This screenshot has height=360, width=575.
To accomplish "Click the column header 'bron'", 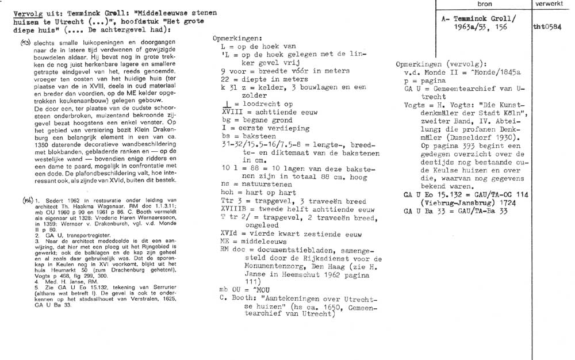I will pos(485,4).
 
